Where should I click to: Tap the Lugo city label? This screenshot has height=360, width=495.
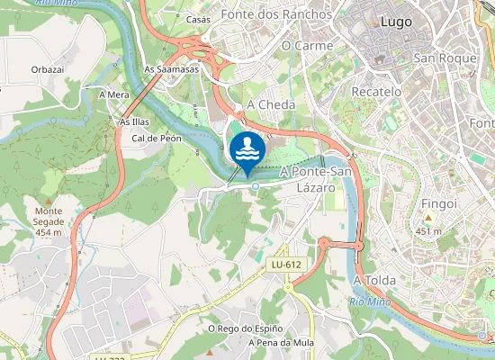pos(397,21)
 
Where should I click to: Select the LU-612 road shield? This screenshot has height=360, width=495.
pos(285,264)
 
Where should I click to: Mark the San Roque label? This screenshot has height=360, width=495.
pos(443,58)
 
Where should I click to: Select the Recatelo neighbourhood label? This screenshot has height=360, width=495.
pos(376,92)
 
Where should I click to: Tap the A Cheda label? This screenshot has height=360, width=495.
pos(270,104)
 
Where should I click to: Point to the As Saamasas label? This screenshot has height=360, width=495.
pos(171,69)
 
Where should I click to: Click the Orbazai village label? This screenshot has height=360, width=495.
pos(47,69)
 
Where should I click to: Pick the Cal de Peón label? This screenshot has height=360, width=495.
pos(157,139)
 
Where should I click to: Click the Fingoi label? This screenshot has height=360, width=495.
pos(440,203)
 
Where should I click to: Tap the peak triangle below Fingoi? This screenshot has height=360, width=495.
pos(429,218)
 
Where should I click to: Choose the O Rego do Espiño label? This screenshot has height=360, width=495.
pos(245,329)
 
